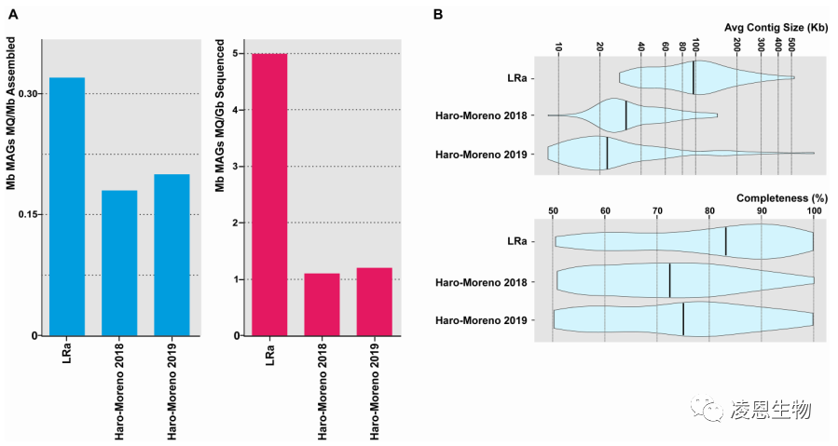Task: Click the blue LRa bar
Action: [67, 206]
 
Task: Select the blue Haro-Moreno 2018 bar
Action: [119, 263]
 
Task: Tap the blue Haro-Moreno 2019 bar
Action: [172, 254]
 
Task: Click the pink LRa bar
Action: [269, 195]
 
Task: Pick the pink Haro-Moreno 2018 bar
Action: [322, 304]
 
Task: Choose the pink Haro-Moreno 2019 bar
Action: [374, 301]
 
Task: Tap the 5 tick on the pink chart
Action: [237, 54]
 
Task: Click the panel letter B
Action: [438, 14]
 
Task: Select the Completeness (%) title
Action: [779, 198]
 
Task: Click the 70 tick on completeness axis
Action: [656, 212]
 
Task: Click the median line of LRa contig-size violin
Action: [694, 78]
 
